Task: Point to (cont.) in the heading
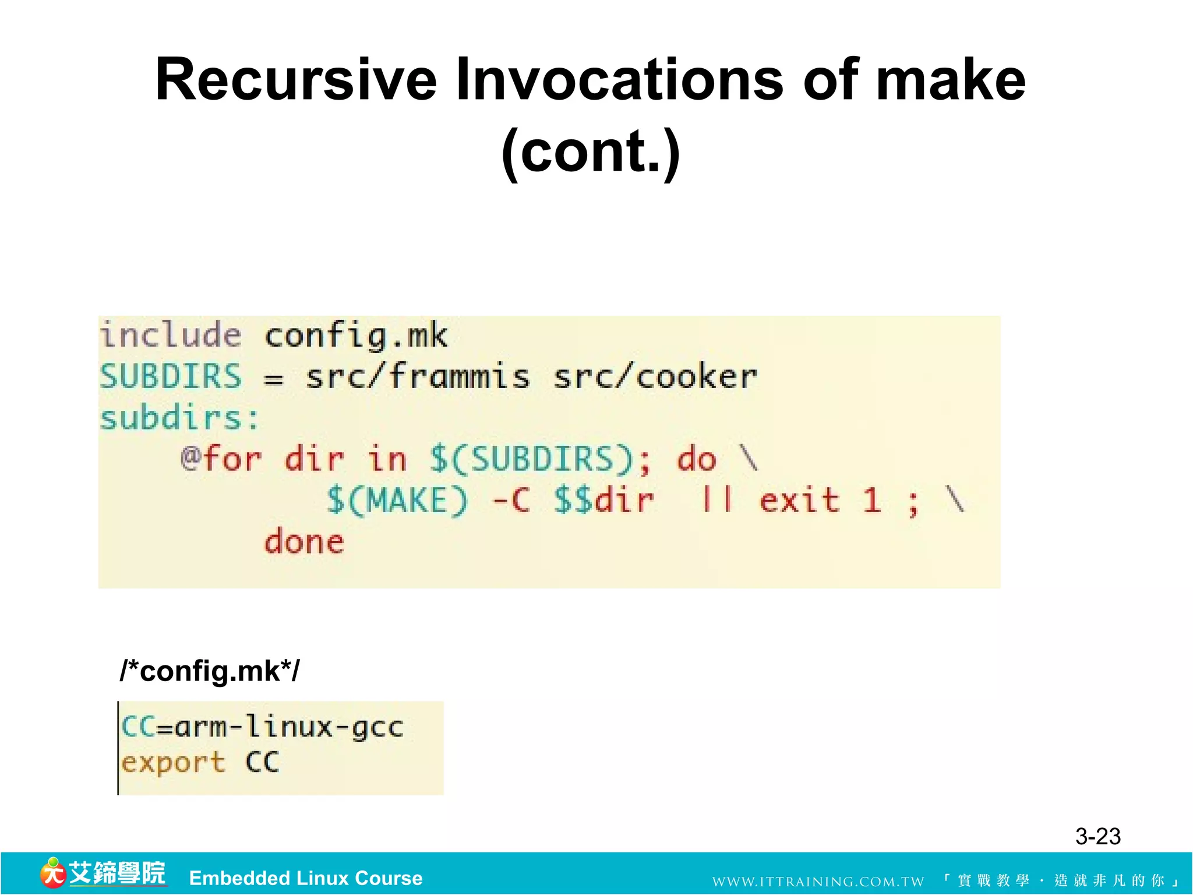point(591,151)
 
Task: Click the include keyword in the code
point(171,335)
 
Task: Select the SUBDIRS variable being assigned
point(171,376)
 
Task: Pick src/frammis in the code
point(418,376)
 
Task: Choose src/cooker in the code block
point(655,376)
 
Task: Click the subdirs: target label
point(179,418)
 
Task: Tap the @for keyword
point(221,459)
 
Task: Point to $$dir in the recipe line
point(604,500)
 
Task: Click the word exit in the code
point(800,500)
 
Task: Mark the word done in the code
point(304,542)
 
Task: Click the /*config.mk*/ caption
point(210,671)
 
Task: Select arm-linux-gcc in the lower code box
point(288,727)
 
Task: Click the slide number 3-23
point(1097,837)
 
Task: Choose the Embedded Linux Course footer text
point(306,878)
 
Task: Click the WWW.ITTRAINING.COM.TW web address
point(818,881)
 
